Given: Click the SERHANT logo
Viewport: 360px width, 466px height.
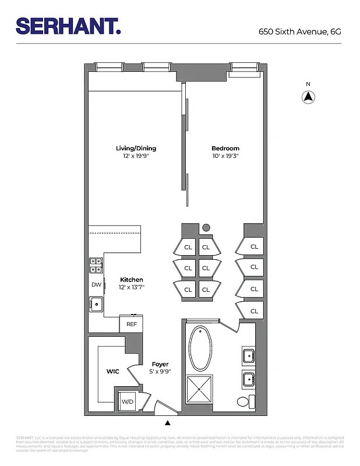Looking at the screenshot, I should click(x=68, y=26).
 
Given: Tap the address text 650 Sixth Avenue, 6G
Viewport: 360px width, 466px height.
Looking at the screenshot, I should click(x=299, y=32).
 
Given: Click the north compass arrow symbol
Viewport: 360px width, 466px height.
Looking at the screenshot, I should click(x=308, y=97).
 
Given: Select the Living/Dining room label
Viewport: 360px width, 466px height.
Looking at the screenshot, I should click(x=136, y=149).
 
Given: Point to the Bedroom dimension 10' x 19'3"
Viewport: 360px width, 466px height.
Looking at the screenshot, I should click(x=225, y=156).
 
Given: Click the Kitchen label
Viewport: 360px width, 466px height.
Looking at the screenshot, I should click(x=132, y=280).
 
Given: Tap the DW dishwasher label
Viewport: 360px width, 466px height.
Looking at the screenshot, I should click(x=96, y=285).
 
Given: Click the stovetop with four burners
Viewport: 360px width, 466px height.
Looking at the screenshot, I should click(x=96, y=266).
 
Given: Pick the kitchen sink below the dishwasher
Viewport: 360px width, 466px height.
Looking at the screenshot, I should click(x=96, y=304).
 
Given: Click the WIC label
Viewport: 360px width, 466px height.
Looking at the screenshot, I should click(x=112, y=371).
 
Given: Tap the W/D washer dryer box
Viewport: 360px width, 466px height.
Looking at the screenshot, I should click(x=127, y=401).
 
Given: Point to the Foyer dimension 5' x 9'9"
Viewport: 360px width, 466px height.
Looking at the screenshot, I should click(x=160, y=372).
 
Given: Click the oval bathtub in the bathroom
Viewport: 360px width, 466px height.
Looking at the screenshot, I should click(x=202, y=349).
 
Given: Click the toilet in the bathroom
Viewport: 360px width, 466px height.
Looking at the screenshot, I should click(x=246, y=401).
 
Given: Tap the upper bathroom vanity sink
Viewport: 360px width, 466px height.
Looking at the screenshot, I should click(x=248, y=355).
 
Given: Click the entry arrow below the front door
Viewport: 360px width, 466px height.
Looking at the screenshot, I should click(x=168, y=423).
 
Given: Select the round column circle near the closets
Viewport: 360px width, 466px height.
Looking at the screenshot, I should click(x=206, y=228).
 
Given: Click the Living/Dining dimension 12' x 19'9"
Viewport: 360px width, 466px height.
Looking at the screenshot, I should click(x=136, y=156).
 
